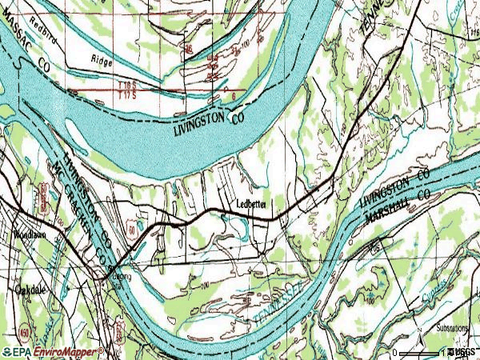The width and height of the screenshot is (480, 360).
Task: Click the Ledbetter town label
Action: tap(256, 203)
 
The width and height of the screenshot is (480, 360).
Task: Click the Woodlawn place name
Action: tap(32, 236)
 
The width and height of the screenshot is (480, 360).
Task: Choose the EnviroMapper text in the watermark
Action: tap(68, 352)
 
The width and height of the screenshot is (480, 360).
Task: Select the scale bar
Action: tap(420, 353)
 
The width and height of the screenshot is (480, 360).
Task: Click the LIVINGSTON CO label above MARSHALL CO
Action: tap(395, 186)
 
